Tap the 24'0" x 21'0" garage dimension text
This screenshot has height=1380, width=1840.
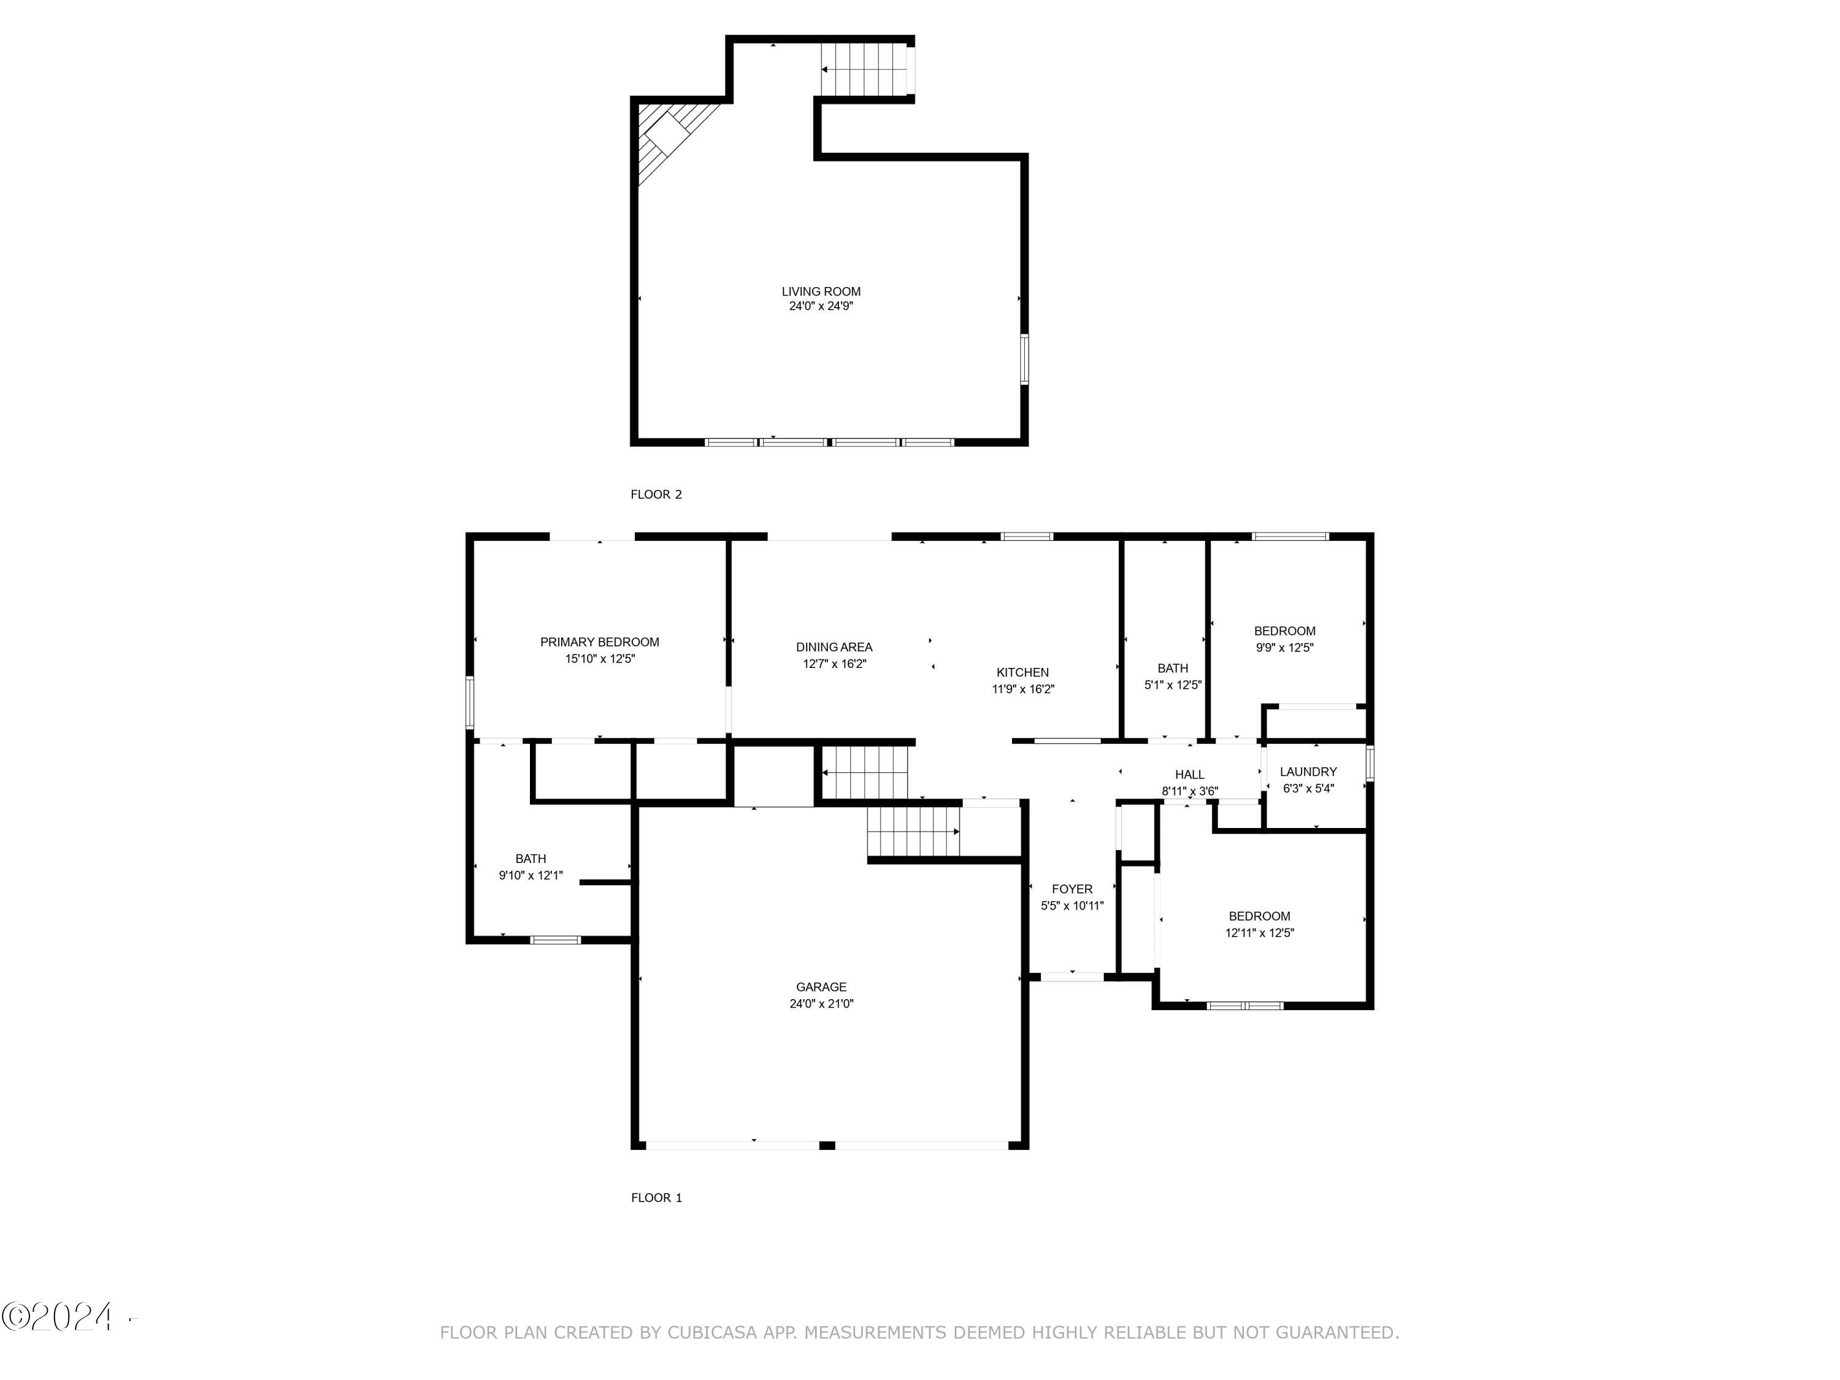click(x=821, y=1003)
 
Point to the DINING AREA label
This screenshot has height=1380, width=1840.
click(x=834, y=646)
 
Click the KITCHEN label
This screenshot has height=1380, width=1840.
click(x=1022, y=672)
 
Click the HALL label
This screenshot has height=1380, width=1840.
click(x=1189, y=775)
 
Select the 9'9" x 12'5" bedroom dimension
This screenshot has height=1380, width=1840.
click(x=1284, y=647)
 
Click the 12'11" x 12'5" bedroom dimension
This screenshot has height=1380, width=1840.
click(x=1259, y=932)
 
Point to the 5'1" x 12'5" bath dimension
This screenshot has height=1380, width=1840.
click(x=1172, y=684)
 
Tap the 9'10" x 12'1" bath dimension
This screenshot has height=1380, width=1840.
click(x=530, y=875)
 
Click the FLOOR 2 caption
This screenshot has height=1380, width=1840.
click(x=656, y=494)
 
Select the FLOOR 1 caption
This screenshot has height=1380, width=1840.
click(x=656, y=1197)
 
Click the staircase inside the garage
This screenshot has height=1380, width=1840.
click(x=913, y=831)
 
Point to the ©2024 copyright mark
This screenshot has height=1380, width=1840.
click(x=58, y=1317)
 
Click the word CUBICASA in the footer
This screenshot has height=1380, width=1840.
click(x=711, y=1333)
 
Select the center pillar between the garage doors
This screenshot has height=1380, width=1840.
click(x=827, y=1146)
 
